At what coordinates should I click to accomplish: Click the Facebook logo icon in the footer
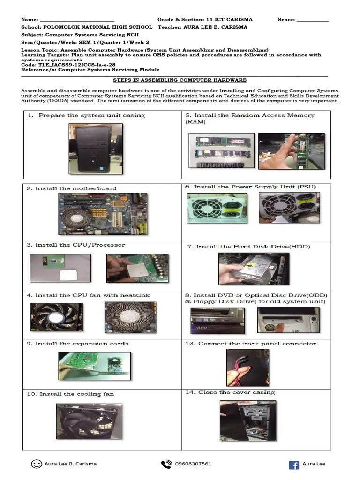pyautogui.click(x=294, y=465)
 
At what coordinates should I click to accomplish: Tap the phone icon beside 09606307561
pyautogui.click(x=166, y=464)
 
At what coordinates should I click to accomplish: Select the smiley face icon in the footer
pyautogui.click(x=36, y=464)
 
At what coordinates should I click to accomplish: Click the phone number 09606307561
pyautogui.click(x=193, y=464)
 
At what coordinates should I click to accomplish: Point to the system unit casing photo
pyautogui.click(x=96, y=149)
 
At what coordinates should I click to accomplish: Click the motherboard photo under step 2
pyautogui.click(x=102, y=213)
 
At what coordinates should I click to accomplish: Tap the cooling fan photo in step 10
pyautogui.click(x=89, y=420)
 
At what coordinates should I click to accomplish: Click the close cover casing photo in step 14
pyautogui.click(x=247, y=420)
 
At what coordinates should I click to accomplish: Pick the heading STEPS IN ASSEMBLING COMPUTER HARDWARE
pyautogui.click(x=180, y=80)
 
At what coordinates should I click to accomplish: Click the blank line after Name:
pyautogui.click(x=77, y=20)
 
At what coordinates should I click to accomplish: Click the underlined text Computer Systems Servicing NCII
pyautogui.click(x=92, y=35)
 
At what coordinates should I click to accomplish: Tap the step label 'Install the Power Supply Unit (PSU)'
pyautogui.click(x=255, y=187)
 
